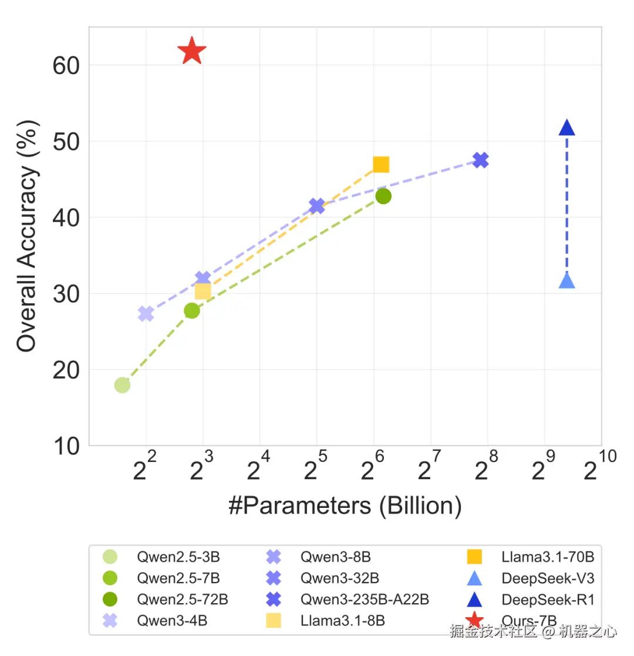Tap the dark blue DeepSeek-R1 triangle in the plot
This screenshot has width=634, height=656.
pyautogui.click(x=566, y=128)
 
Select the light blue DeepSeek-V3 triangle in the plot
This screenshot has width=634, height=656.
pyautogui.click(x=566, y=281)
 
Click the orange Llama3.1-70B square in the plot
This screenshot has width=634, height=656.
pyautogui.click(x=381, y=165)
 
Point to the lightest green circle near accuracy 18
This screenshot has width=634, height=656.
pyautogui.click(x=122, y=385)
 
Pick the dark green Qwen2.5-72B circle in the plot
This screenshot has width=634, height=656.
pyautogui.click(x=383, y=196)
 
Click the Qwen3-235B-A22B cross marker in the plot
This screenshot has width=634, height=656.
pyautogui.click(x=480, y=160)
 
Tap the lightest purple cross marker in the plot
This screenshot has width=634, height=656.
pyautogui.click(x=146, y=314)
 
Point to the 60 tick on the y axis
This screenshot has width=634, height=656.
pyautogui.click(x=66, y=65)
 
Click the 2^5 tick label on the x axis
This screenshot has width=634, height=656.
pyautogui.click(x=316, y=470)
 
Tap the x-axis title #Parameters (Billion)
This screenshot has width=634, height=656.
pyautogui.click(x=345, y=506)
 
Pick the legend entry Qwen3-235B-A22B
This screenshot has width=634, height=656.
pyautogui.click(x=365, y=600)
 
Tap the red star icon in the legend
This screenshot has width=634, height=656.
pyautogui.click(x=474, y=620)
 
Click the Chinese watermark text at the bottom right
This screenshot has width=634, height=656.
pyautogui.click(x=534, y=631)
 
